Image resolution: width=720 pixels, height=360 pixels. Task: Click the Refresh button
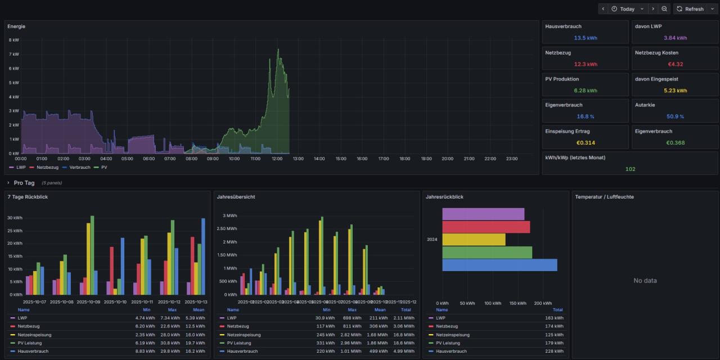(690, 9)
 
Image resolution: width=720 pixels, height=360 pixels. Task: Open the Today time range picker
(623, 9)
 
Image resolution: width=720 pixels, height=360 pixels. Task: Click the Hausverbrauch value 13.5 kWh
(585, 38)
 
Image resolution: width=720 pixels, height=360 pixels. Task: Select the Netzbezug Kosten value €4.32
(675, 64)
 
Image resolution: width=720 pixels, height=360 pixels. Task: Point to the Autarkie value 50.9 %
(675, 116)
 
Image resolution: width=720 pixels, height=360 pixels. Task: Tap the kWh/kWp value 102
(630, 169)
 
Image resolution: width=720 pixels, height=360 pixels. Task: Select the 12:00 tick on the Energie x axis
(277, 159)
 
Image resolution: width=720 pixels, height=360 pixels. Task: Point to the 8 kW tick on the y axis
(13, 40)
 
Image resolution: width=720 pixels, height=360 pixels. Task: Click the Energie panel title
(16, 26)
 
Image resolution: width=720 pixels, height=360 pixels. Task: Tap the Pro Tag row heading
(24, 183)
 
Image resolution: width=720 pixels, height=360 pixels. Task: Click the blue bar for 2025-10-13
(203, 256)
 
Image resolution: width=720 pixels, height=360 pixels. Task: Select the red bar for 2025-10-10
(111, 271)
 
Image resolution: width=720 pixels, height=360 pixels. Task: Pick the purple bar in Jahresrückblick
(483, 214)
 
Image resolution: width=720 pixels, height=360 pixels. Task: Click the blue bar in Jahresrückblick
(499, 265)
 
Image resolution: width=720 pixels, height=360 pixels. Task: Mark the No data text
(645, 281)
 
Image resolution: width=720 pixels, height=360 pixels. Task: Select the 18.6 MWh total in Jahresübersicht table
(406, 343)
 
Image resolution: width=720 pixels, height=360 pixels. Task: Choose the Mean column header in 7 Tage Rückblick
(198, 310)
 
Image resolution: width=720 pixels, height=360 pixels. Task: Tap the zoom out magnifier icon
(664, 9)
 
